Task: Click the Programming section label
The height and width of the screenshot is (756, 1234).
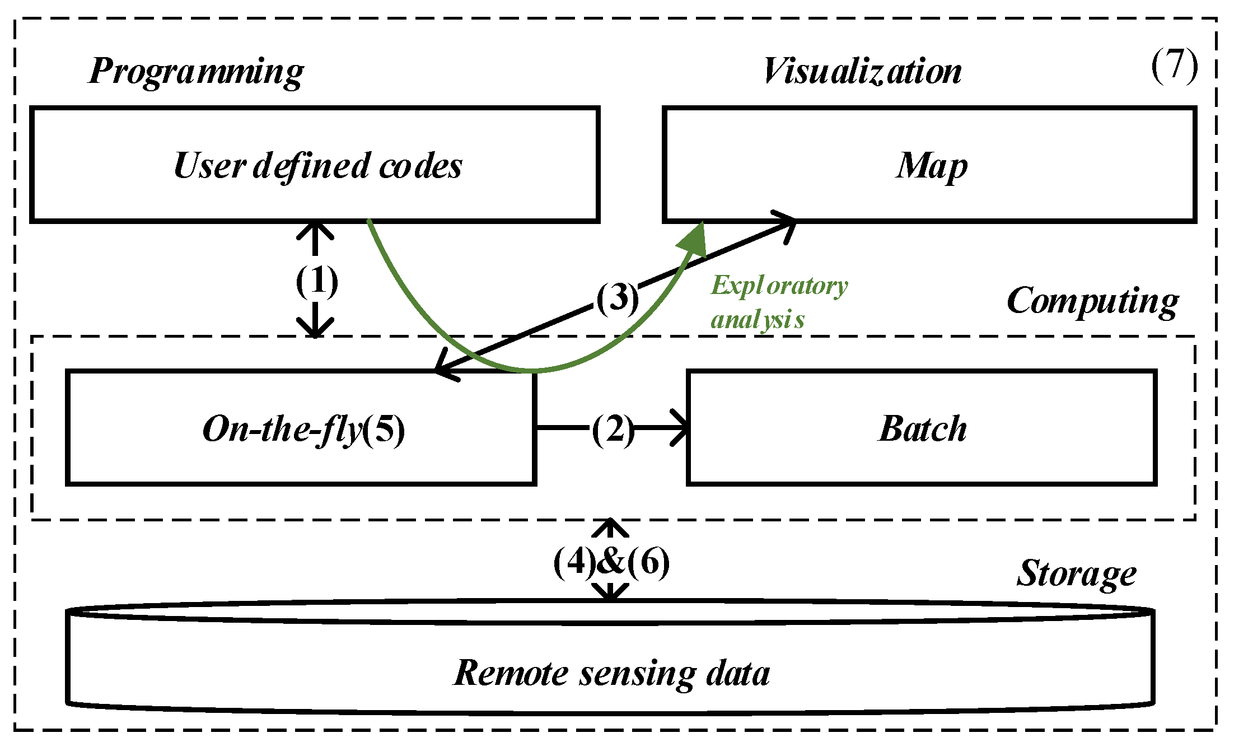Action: point(196,72)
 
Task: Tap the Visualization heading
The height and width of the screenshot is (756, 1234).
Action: point(862,72)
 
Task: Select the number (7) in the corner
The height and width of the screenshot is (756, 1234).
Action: point(1174,66)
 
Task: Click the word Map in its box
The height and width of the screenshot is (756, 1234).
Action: point(931,166)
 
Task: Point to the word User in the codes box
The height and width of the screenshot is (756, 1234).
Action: point(209,166)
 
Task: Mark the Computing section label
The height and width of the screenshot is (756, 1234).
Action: point(1092,301)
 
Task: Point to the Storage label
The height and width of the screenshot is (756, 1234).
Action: point(1076,574)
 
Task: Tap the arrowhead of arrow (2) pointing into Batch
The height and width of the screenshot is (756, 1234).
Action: point(682,428)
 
